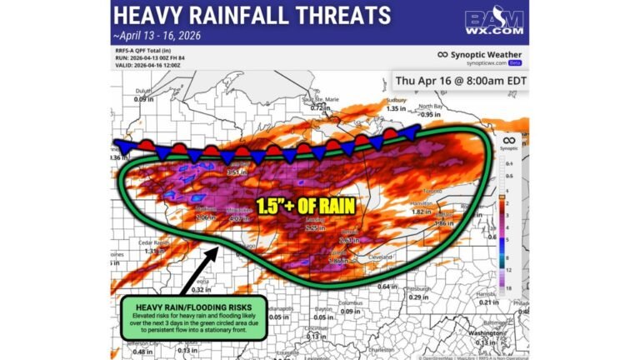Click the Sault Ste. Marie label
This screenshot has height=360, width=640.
(x=316, y=99)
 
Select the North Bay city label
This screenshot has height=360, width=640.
(x=430, y=106)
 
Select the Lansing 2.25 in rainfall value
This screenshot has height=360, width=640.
(x=315, y=227)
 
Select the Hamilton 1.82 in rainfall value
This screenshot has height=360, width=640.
(x=422, y=212)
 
